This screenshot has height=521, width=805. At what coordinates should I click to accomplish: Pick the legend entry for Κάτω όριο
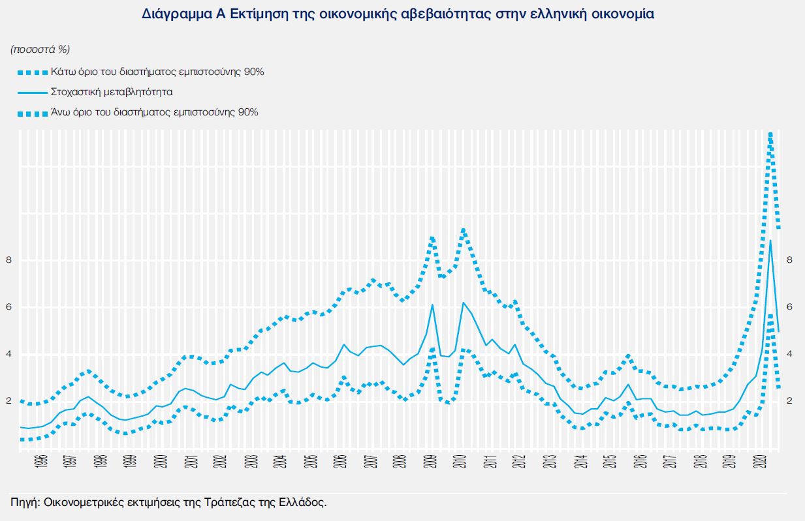157,72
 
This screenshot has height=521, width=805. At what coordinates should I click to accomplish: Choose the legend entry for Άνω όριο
154,112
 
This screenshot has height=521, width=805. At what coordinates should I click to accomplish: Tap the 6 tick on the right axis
789,307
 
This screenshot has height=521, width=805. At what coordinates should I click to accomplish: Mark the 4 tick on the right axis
789,354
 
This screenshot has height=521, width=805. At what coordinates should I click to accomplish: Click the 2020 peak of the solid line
771,241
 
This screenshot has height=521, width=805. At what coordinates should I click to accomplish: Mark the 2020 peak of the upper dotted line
771,134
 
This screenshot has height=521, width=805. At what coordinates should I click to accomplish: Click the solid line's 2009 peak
432,305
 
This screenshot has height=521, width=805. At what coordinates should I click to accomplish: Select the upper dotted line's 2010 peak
463,230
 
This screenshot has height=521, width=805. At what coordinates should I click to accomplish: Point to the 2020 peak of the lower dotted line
771,315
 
